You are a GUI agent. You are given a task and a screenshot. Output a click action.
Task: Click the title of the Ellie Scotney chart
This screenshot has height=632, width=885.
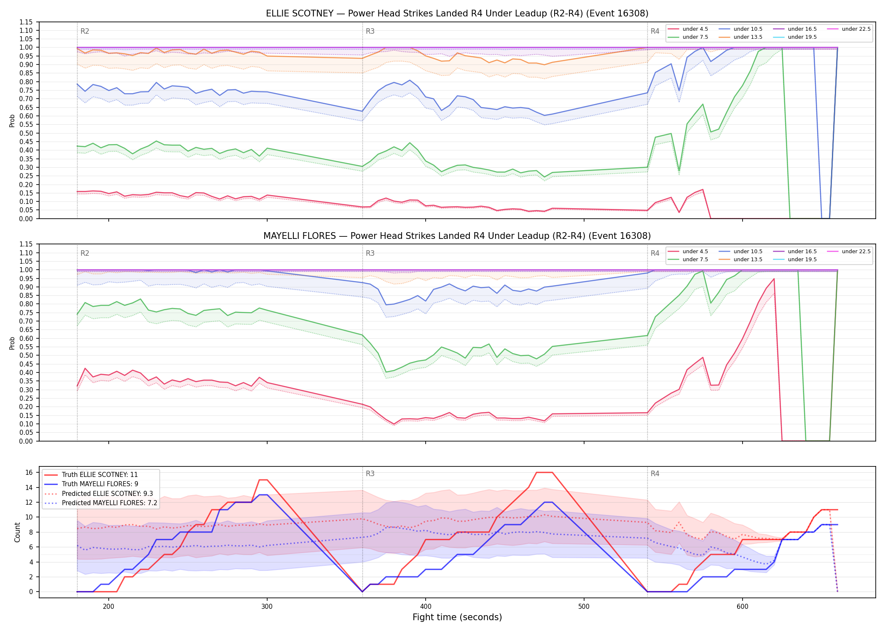[x=457, y=13]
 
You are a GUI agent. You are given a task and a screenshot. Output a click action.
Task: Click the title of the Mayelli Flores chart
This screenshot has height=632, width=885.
[x=457, y=236]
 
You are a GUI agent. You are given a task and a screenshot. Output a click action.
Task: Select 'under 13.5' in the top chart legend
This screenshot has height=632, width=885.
[x=748, y=37]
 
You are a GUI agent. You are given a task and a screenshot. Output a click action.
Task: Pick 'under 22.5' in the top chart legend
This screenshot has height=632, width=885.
[x=856, y=29]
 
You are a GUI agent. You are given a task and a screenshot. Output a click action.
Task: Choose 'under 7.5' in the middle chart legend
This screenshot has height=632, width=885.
[x=695, y=260]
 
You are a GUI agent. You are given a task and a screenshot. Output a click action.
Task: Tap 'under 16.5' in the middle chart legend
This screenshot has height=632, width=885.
[x=802, y=252]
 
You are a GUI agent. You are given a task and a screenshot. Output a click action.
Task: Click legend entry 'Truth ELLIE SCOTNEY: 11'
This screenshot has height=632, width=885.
[x=100, y=475]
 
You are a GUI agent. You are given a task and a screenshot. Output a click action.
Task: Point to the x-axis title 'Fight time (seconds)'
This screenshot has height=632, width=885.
[x=457, y=617]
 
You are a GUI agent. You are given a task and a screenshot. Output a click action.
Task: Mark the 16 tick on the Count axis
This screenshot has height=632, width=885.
[x=29, y=473]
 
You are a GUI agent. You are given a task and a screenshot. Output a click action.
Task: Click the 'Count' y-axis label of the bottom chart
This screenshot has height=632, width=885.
[x=17, y=532]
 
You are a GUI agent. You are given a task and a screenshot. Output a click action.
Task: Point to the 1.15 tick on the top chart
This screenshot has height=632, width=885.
[x=26, y=22]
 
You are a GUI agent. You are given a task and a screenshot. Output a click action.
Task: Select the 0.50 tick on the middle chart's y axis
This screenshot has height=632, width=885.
[x=26, y=356]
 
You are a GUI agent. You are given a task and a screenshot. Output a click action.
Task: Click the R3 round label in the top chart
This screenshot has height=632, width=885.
[x=370, y=31]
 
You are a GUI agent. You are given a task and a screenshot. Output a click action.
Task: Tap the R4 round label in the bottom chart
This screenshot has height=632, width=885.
[x=655, y=474]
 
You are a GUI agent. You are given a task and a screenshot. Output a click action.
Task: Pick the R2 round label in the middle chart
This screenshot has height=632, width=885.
[x=85, y=253]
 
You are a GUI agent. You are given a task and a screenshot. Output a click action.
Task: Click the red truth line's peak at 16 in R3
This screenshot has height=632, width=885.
[x=544, y=473]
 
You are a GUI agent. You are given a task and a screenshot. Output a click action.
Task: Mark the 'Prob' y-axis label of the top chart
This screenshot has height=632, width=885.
[x=12, y=121]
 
